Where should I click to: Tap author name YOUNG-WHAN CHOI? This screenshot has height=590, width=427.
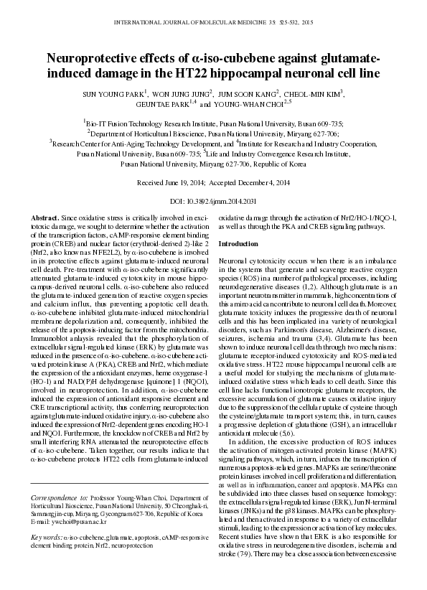tap(254, 103)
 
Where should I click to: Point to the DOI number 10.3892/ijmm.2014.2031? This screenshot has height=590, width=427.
tap(231, 201)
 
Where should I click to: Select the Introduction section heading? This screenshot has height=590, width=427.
tap(238, 245)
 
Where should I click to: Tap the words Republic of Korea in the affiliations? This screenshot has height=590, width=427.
tap(277, 164)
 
